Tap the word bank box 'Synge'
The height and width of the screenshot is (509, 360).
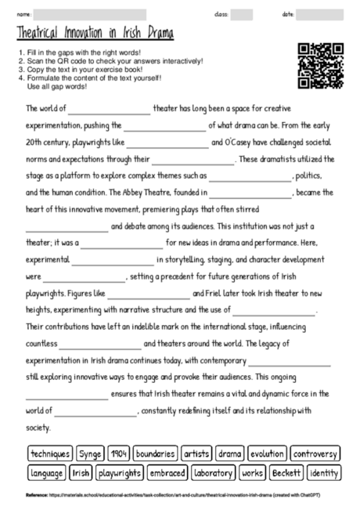[90, 453]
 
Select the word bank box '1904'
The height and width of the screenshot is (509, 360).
[119, 453]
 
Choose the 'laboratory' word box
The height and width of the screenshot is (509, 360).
[214, 473]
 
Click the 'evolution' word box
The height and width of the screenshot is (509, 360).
[267, 453]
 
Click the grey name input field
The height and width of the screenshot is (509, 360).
[90, 14]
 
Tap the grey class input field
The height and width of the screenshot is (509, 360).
[242, 14]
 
